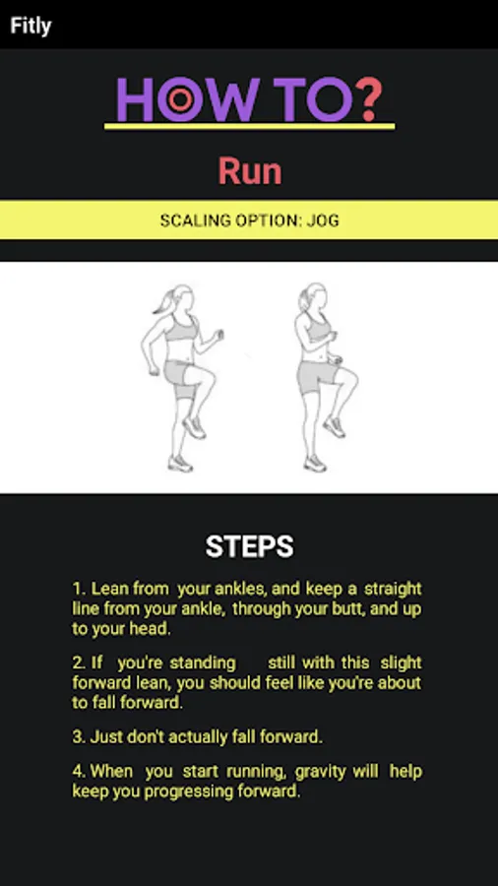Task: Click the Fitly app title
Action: (31, 26)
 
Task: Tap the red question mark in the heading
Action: (369, 99)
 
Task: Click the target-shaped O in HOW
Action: (180, 100)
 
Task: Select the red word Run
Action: (250, 171)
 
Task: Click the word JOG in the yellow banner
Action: (323, 221)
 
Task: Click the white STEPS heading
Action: (249, 546)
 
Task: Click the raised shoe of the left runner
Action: (194, 427)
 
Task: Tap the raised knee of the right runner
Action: (351, 377)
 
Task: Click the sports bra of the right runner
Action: (319, 331)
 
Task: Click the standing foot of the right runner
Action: (315, 464)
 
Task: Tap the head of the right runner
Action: (313, 296)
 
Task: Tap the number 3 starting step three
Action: (78, 736)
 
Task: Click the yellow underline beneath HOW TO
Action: (250, 126)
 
